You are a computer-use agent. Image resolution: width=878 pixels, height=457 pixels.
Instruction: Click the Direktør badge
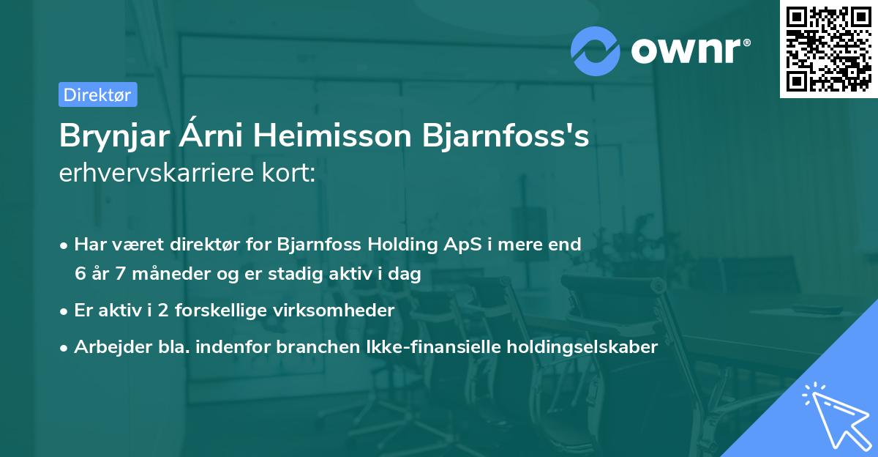97,94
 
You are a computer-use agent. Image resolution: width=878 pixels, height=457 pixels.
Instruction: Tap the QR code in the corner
828,49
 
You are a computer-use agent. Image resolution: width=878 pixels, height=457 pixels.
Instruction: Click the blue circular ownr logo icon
596,51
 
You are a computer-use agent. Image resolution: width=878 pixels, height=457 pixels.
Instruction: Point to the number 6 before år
80,275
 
